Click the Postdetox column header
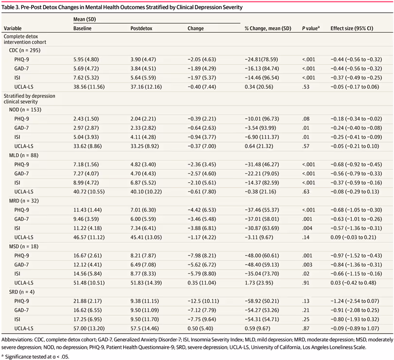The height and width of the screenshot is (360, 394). (141, 29)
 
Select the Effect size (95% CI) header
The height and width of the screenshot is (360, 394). (352, 29)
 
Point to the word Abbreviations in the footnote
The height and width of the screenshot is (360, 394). (18, 338)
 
